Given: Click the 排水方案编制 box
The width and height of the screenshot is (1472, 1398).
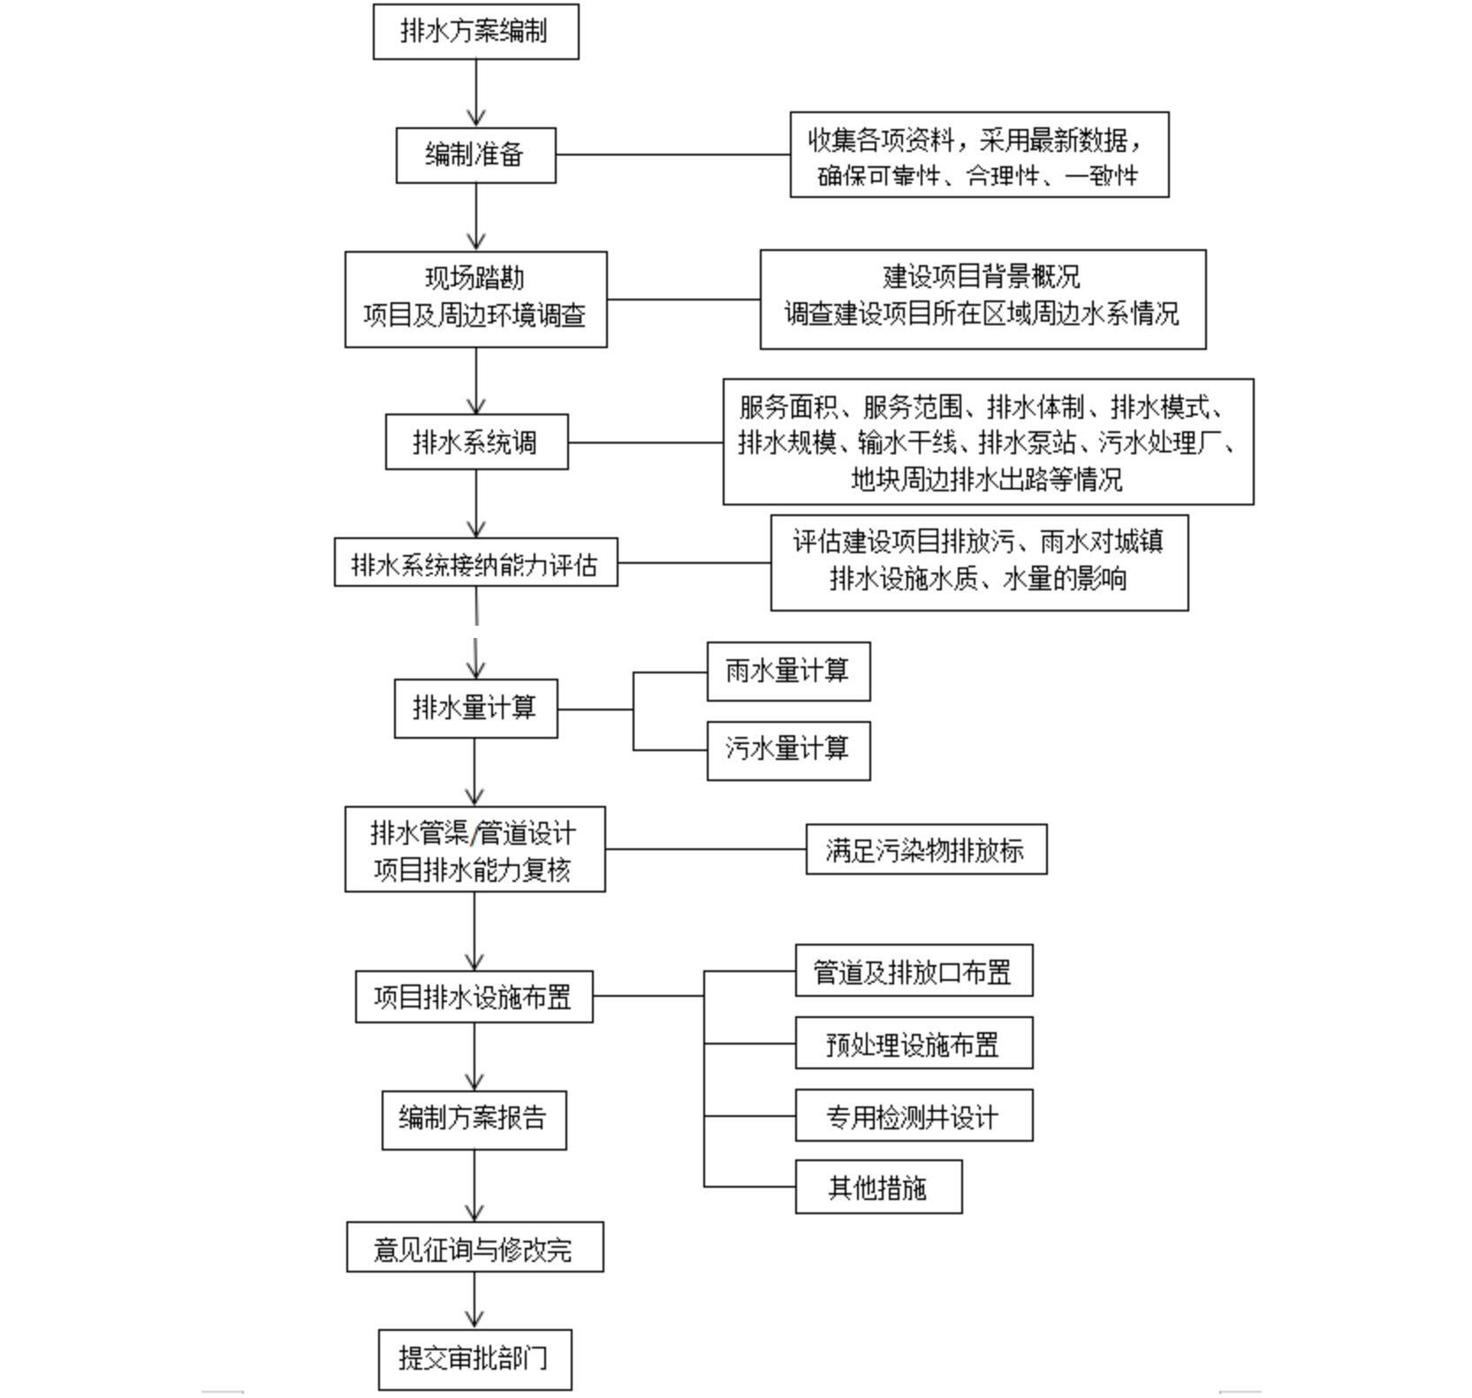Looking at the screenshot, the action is pyautogui.click(x=475, y=32).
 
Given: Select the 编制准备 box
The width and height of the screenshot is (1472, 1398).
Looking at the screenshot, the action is pyautogui.click(x=475, y=156).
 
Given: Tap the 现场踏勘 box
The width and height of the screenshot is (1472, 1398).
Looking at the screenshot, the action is pyautogui.click(x=475, y=300).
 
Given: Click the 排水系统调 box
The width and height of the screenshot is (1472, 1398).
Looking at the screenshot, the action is pyautogui.click(x=476, y=442).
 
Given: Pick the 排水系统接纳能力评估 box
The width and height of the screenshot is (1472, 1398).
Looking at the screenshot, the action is pyautogui.click(x=475, y=562).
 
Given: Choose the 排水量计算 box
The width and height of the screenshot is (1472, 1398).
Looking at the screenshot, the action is pyautogui.click(x=475, y=708).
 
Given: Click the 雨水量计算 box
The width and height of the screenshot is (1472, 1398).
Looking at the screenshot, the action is pyautogui.click(x=788, y=672).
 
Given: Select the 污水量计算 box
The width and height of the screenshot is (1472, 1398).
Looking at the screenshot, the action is pyautogui.click(x=788, y=751).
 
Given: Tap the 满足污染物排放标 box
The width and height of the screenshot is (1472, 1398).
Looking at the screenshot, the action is pyautogui.click(x=926, y=849).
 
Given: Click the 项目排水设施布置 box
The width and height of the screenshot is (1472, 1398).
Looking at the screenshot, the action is pyautogui.click(x=474, y=997).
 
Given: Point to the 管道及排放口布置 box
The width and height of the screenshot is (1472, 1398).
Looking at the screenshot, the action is pyautogui.click(x=914, y=970).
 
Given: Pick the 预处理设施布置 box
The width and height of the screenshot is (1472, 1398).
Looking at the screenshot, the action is pyautogui.click(x=914, y=1043).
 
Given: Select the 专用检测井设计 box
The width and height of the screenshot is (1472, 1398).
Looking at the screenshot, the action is pyautogui.click(x=914, y=1115).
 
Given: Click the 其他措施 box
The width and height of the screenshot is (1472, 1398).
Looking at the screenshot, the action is pyautogui.click(x=878, y=1187).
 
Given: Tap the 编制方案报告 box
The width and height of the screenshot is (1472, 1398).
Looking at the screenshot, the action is pyautogui.click(x=474, y=1120).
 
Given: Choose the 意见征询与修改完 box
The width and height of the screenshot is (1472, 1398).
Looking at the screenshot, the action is pyautogui.click(x=474, y=1247).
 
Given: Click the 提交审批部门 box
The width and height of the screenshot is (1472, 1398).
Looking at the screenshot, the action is pyautogui.click(x=474, y=1359).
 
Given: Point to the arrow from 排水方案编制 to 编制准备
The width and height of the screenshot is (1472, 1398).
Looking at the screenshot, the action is pyautogui.click(x=476, y=94).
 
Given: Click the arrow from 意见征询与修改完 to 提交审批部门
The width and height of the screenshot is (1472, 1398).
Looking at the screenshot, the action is pyautogui.click(x=474, y=1301).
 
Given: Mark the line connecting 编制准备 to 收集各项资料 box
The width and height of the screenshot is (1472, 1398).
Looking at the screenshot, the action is pyautogui.click(x=673, y=155).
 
